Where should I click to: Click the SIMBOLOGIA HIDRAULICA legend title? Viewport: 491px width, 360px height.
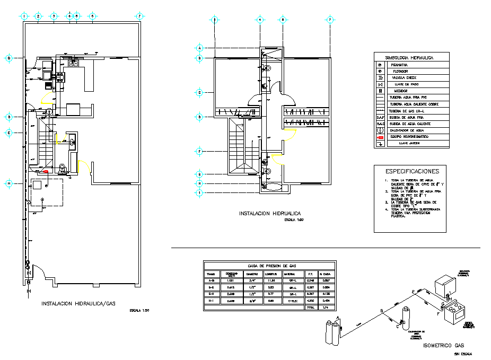pos(411,57)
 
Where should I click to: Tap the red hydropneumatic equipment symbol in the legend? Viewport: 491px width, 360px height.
pos(380,137)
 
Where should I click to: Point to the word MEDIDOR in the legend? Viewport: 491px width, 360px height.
pos(401,91)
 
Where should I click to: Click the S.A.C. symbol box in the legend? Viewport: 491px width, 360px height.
pos(380,124)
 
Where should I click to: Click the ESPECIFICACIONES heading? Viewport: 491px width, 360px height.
pos(412,171)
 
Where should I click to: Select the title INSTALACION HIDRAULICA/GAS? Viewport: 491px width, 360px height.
pos(77,304)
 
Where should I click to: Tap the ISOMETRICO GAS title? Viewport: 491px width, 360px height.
pos(443,345)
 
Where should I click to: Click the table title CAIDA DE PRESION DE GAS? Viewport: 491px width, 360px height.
pos(269,266)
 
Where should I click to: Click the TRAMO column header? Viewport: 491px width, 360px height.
pos(211,274)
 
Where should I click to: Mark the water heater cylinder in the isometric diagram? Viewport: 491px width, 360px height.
pos(406,319)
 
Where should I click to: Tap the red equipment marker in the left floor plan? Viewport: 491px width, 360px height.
pos(46,172)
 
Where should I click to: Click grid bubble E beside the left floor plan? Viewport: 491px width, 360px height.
pos(9,133)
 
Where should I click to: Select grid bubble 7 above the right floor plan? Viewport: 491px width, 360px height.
pos(330,20)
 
